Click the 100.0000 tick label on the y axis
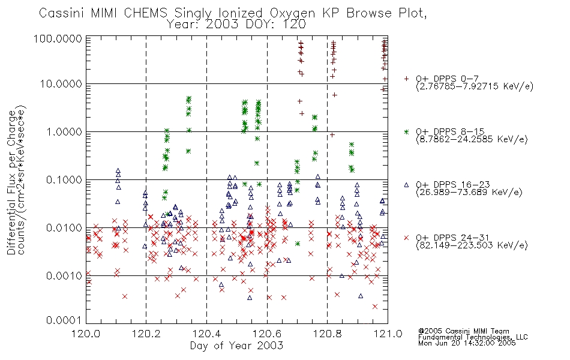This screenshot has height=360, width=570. (x=58, y=38)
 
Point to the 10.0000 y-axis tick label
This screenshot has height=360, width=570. (x=61, y=84)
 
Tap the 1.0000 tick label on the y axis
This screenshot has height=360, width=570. (x=64, y=131)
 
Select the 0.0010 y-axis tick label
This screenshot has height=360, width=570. (x=64, y=275)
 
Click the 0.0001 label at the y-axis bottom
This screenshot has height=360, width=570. (x=64, y=320)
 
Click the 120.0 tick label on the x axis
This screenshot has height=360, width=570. (x=86, y=334)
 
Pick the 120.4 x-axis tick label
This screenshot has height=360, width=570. (x=207, y=334)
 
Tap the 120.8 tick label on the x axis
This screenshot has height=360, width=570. (x=328, y=334)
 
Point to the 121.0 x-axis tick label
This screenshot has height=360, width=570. (x=388, y=334)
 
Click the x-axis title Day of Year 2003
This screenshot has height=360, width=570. (x=236, y=346)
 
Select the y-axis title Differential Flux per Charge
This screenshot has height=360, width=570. (x=11, y=182)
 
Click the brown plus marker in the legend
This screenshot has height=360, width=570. (x=406, y=79)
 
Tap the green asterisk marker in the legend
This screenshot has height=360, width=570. (x=406, y=131)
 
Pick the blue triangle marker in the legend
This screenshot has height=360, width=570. (x=406, y=185)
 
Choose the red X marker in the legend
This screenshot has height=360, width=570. (x=406, y=238)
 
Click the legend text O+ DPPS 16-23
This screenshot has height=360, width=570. (x=453, y=185)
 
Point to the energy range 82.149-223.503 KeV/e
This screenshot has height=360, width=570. (x=472, y=245)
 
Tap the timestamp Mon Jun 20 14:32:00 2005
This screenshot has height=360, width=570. (x=467, y=343)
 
